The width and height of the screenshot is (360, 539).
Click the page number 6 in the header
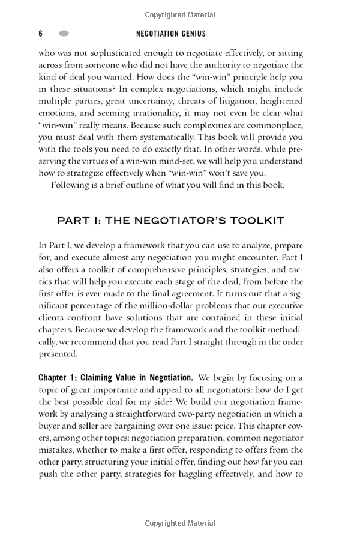[x=40, y=34]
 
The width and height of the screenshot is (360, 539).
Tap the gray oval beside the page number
[x=64, y=34]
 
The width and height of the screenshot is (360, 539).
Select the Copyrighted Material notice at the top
[x=179, y=14]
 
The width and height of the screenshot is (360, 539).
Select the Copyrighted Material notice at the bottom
[x=179, y=523]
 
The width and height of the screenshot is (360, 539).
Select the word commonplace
[x=274, y=125]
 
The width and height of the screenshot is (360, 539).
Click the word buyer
[x=50, y=426]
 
